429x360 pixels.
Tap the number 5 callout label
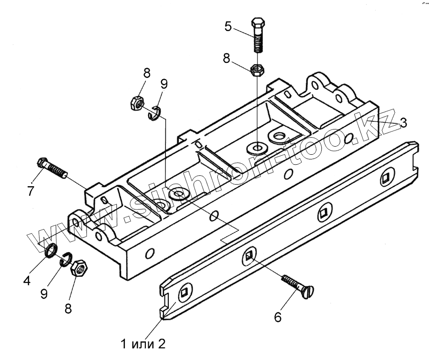[x=228, y=26]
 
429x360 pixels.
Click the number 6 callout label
[x=278, y=316]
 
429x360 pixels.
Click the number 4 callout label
[x=27, y=280]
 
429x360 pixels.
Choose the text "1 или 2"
[x=143, y=342]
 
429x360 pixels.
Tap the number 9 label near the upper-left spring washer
[x=163, y=85]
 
